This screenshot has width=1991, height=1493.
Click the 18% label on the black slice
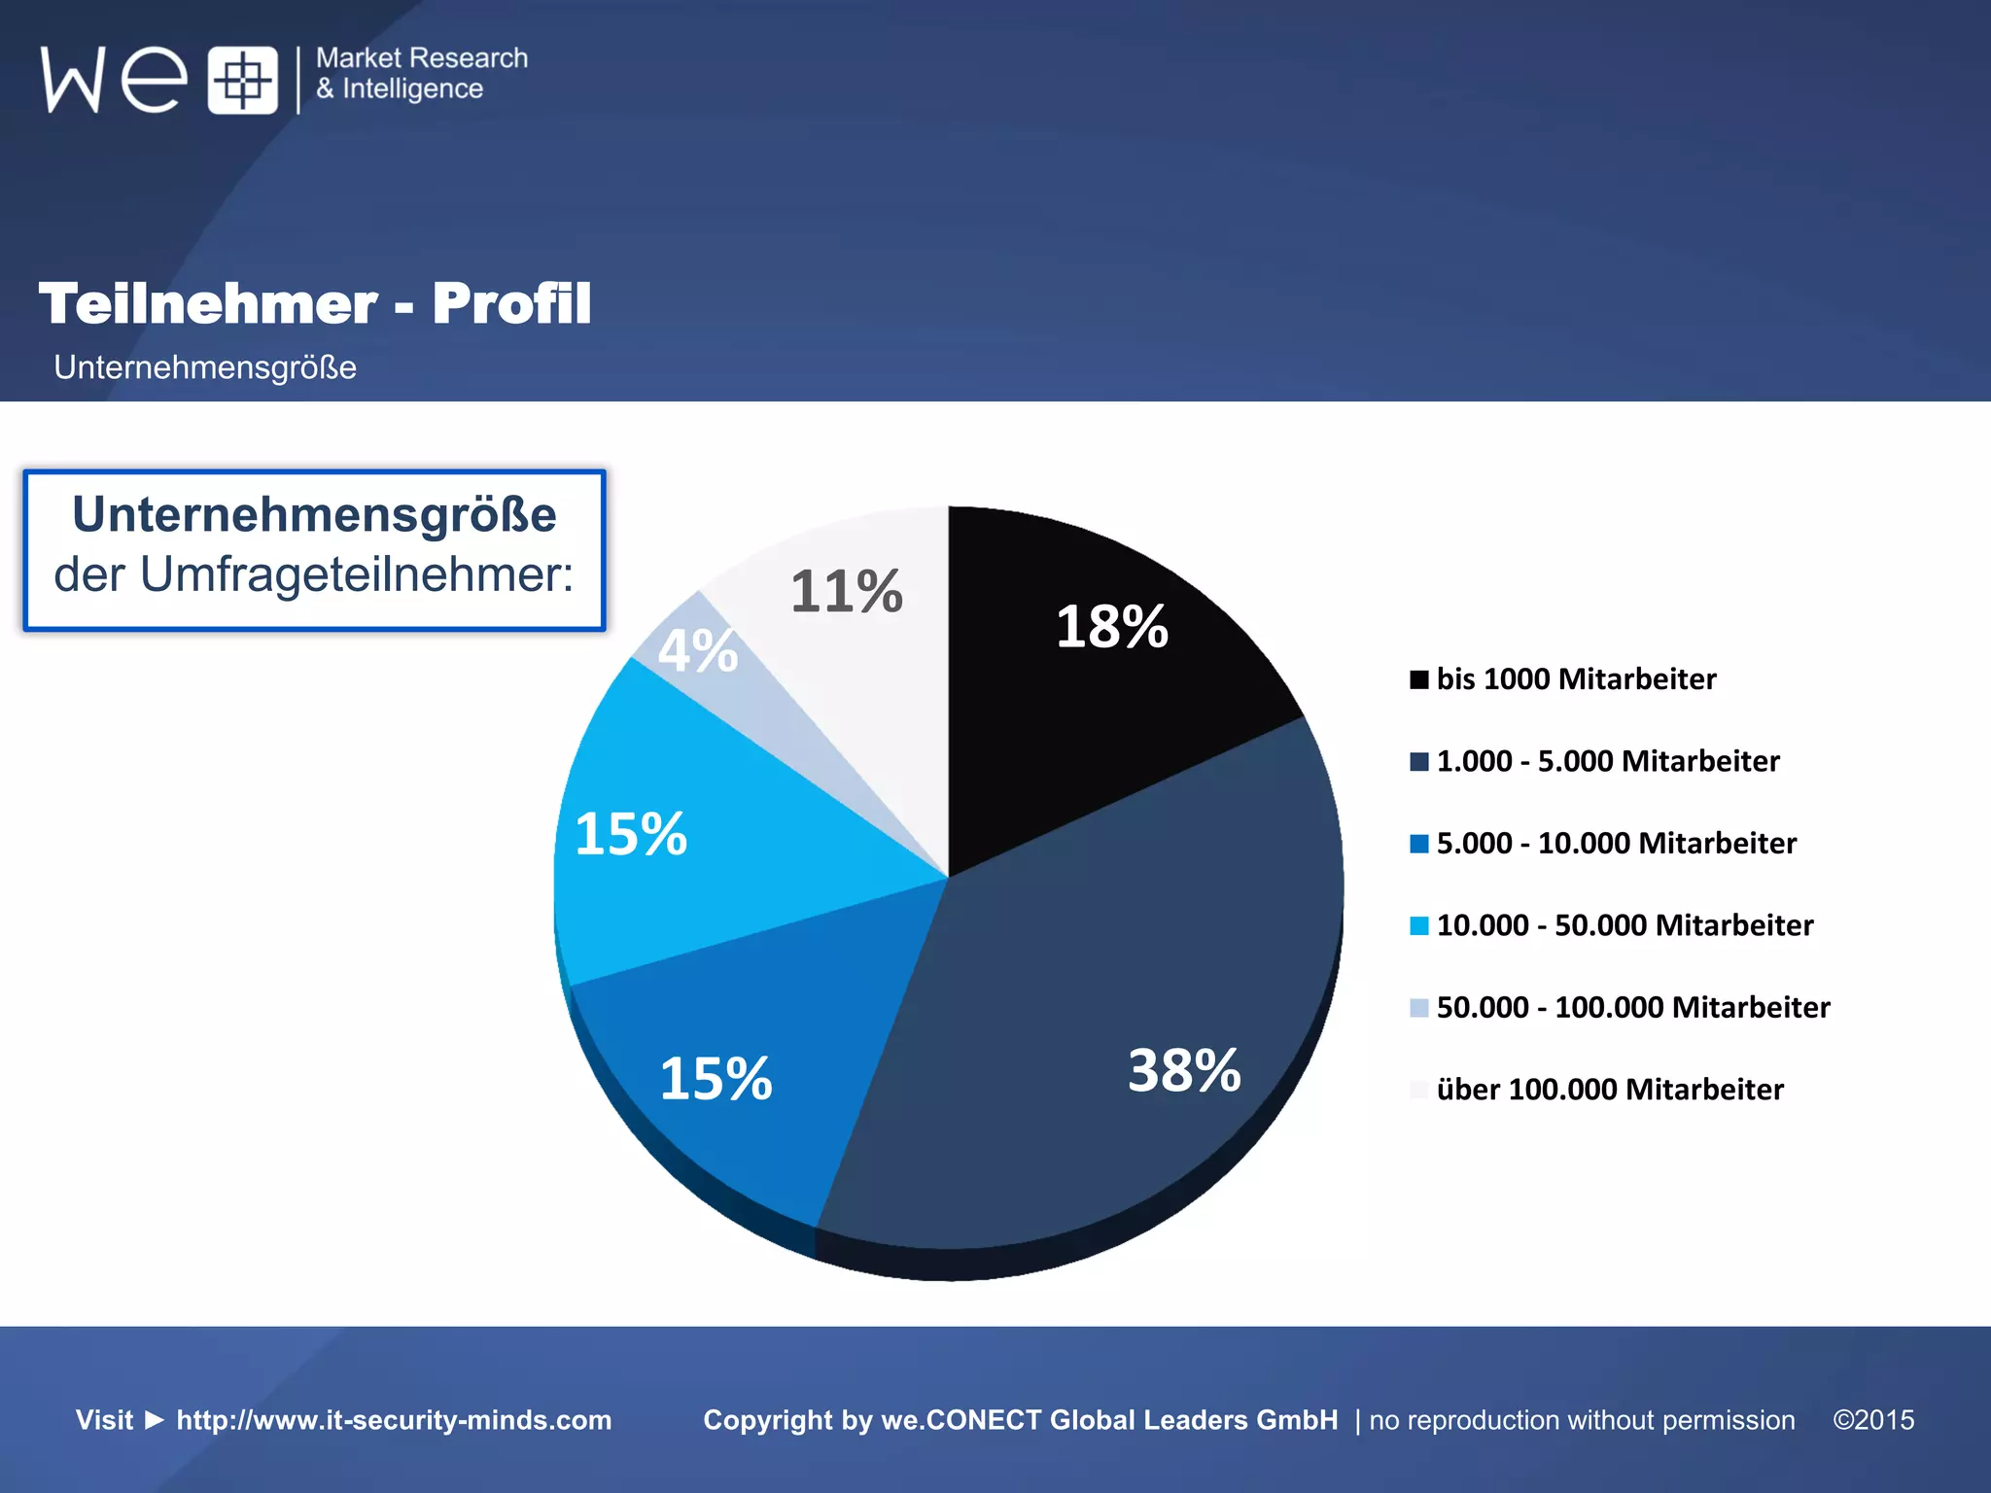(1111, 627)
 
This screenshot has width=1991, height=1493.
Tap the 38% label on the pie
(1183, 1070)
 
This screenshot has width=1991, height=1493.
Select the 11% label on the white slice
(846, 591)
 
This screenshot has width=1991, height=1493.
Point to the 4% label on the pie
(697, 650)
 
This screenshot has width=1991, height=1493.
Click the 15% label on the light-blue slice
(631, 834)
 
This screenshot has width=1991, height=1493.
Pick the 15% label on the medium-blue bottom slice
(716, 1079)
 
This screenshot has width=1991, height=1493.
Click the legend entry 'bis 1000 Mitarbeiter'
(1576, 679)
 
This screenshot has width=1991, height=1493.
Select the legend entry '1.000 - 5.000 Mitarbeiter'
(1607, 761)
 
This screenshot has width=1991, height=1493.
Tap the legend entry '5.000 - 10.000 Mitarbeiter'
(1616, 844)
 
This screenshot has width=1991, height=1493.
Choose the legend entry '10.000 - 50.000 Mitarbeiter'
(1624, 925)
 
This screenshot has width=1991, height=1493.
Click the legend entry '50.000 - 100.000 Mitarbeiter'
(1633, 1008)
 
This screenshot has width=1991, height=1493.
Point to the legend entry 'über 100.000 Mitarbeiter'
(1610, 1090)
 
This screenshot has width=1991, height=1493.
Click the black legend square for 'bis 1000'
(1419, 679)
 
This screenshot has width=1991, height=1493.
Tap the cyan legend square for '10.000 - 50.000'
(1419, 925)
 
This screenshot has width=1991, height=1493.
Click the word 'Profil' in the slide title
(511, 303)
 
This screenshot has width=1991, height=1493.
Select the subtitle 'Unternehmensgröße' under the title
(205, 367)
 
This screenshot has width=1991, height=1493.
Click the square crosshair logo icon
(242, 80)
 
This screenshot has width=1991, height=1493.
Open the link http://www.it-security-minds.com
(394, 1420)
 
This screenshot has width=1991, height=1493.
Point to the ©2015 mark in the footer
(1873, 1420)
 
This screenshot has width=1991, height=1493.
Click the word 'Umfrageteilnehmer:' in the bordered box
(357, 574)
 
